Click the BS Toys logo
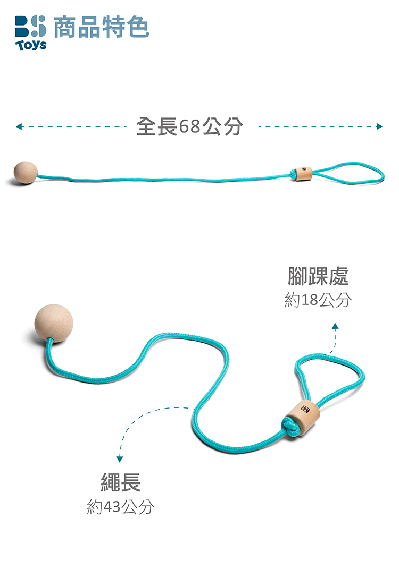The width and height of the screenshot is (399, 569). (x=31, y=32)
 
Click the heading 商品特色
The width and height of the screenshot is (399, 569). (x=102, y=27)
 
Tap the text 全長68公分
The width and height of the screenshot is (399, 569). (x=189, y=126)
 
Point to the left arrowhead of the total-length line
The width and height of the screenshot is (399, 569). (x=19, y=126)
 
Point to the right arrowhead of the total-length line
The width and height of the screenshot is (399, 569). (x=379, y=126)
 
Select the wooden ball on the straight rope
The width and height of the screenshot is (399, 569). (x=26, y=172)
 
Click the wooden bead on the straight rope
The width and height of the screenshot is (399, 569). (x=303, y=174)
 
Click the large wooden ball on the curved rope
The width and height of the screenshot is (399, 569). (x=54, y=323)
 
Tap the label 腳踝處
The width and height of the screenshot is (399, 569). (x=318, y=276)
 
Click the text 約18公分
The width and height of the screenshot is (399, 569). (x=318, y=300)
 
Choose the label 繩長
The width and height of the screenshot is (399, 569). (x=121, y=482)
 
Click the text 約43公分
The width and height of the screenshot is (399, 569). (x=121, y=506)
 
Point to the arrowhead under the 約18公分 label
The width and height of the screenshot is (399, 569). (x=335, y=326)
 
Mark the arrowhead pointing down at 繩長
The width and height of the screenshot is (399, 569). (x=120, y=459)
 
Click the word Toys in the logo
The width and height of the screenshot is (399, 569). (x=31, y=45)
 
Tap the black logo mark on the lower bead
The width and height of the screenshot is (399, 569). (x=305, y=410)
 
